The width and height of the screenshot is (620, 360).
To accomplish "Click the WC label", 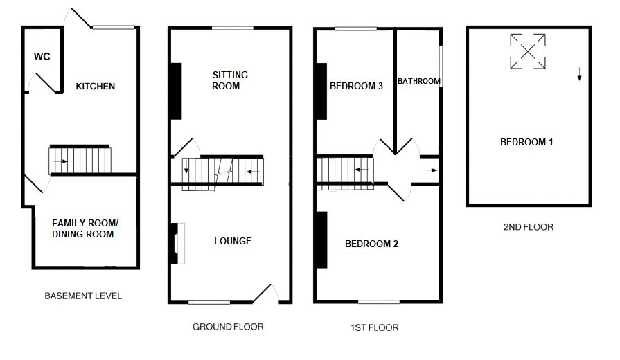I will [42, 57].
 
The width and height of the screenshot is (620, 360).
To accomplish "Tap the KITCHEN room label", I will [96, 87].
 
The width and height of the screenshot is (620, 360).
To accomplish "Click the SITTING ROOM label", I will [229, 80].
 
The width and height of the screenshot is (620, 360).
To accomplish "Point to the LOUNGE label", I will [232, 241].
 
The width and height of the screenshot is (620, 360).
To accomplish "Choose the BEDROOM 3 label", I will [356, 87].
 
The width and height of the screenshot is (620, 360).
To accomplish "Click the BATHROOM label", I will [418, 81].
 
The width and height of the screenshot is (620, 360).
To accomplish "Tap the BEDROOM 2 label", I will [371, 244].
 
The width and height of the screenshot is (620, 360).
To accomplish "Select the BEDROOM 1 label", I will [526, 142].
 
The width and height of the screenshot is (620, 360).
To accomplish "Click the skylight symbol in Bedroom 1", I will [528, 51].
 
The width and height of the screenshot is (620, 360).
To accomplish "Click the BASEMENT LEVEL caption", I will [83, 296].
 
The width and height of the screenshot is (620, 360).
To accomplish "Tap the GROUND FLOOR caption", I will [228, 326].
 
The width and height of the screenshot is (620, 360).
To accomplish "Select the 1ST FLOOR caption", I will [375, 327].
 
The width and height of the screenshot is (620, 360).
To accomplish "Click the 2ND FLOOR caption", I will [529, 226].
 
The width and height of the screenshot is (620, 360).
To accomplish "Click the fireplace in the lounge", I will [177, 243].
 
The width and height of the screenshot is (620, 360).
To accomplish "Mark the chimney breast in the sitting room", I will [176, 91].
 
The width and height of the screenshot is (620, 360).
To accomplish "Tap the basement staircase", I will [79, 160].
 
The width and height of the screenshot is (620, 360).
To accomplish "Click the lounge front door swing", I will [267, 294].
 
